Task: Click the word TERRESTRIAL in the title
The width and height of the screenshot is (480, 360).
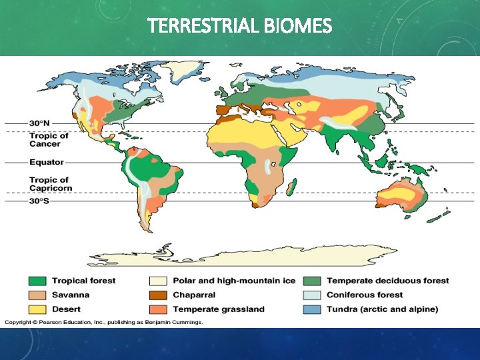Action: click(203, 26)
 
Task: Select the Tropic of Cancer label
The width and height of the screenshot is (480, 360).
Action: click(49, 139)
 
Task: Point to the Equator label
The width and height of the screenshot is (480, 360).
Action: click(46, 162)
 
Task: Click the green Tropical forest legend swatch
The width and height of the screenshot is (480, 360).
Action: click(37, 281)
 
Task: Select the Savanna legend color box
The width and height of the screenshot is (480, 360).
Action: click(37, 295)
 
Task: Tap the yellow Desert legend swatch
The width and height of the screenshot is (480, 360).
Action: click(37, 309)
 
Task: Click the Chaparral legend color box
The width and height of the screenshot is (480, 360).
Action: click(158, 295)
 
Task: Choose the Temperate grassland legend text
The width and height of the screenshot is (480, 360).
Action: click(219, 309)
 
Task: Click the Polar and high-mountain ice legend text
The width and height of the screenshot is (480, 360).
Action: click(233, 281)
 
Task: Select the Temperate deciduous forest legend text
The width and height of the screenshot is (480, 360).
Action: click(387, 281)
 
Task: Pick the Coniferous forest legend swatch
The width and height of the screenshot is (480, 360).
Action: click(311, 295)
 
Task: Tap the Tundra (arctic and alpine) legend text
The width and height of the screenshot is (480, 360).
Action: click(382, 309)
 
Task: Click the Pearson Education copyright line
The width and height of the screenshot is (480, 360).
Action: click(103, 322)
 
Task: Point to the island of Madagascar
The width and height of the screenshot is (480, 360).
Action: click(291, 186)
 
